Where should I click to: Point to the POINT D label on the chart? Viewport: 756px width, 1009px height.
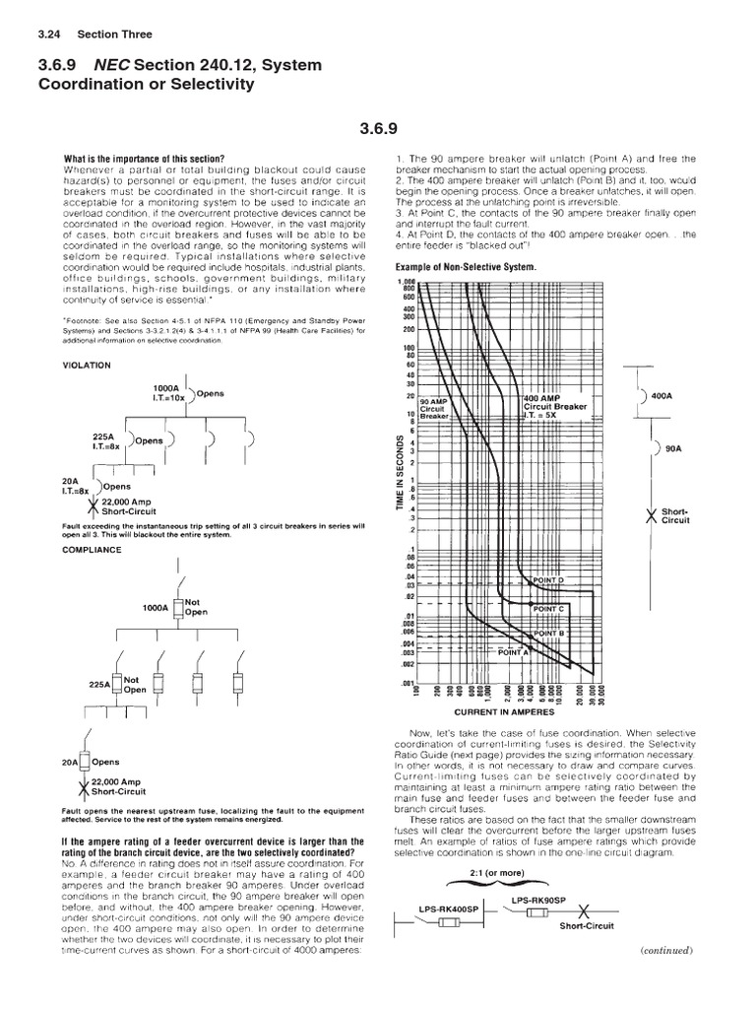point(548,580)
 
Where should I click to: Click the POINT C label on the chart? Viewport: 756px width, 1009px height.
point(548,609)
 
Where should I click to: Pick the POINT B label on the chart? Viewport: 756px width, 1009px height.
point(548,633)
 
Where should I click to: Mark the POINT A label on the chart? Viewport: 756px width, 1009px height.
point(514,652)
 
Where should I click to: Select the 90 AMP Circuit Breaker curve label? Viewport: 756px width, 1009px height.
point(434,409)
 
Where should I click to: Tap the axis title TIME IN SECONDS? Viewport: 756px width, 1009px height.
point(402,472)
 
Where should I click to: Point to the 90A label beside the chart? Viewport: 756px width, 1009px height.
point(673,448)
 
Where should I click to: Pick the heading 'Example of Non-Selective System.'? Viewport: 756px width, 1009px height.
point(466,268)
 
